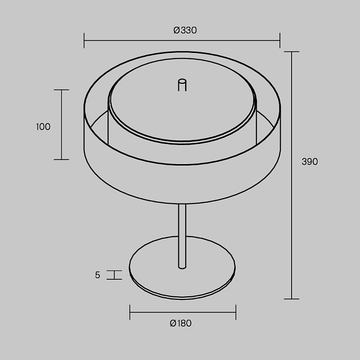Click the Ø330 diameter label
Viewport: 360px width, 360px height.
[185, 30]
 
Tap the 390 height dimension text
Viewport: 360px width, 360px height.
[310, 161]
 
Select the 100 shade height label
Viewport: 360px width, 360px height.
[43, 127]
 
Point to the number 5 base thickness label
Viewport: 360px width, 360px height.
[98, 275]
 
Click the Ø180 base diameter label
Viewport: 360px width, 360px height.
[181, 323]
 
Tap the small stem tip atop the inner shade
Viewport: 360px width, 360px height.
[182, 85]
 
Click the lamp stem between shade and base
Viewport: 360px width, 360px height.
[182, 236]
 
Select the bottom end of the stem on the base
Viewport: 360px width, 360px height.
[182, 267]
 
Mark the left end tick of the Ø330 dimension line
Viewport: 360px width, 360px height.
[84, 41]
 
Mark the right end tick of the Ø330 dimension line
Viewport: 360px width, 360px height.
[280, 41]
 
